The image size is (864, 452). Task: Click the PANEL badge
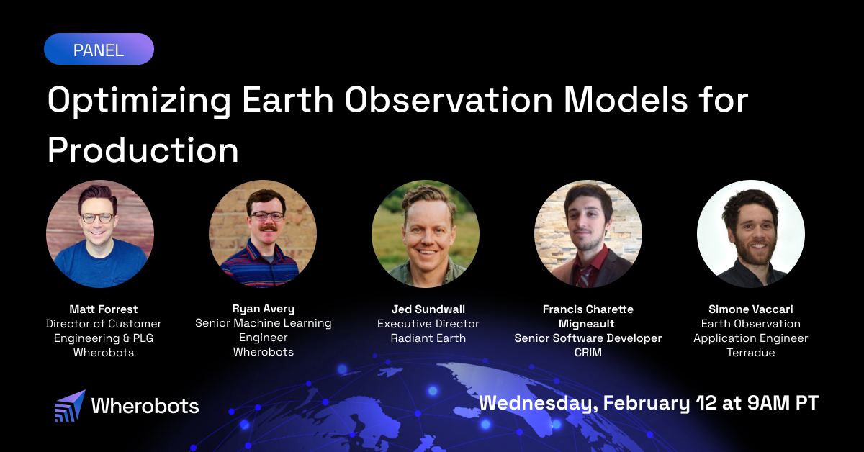99,50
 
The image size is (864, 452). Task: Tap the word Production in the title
143,150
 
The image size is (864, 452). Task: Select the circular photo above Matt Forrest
100,234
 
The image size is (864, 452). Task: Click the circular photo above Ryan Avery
263,234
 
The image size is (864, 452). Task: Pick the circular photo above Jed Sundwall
426,234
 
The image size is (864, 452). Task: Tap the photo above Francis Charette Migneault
588,234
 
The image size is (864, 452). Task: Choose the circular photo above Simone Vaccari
751,234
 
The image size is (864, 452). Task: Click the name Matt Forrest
104,309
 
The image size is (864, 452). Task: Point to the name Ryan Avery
263,309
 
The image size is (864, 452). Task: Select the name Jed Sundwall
428,309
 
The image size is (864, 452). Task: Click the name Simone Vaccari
751,309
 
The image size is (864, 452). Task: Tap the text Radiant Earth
428,338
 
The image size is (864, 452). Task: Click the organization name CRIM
588,353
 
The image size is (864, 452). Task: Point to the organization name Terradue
751,353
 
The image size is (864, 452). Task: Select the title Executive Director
428,324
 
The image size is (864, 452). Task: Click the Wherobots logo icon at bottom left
70,406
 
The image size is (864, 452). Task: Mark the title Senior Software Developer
588,338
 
